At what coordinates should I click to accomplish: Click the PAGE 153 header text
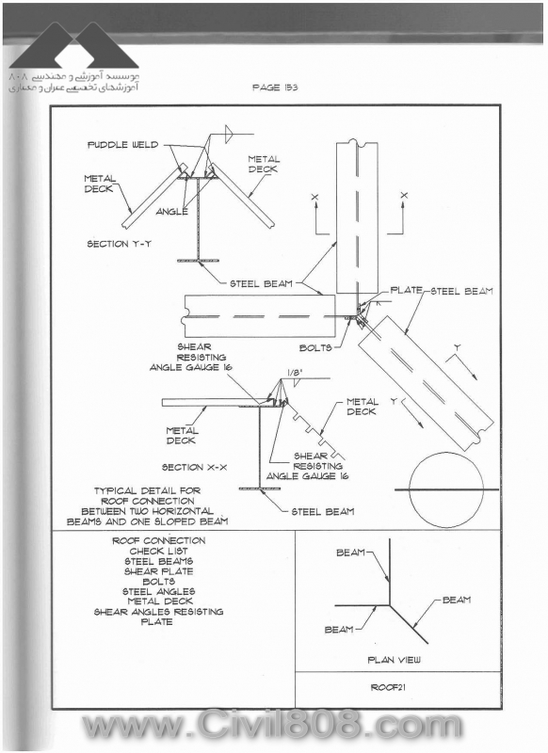(x=275, y=88)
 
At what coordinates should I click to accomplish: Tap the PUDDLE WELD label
(x=123, y=145)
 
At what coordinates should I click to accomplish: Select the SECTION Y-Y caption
(x=119, y=244)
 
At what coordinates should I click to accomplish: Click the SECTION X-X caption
(x=195, y=467)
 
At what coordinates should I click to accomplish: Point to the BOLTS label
(x=315, y=347)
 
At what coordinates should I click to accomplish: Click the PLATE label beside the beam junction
(x=407, y=290)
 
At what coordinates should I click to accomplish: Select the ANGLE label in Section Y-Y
(x=172, y=211)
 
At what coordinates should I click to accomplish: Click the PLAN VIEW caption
(x=394, y=660)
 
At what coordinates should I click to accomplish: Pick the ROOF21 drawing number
(x=388, y=687)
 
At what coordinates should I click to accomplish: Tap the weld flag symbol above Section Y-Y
(x=230, y=134)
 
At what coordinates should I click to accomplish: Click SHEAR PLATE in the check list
(x=158, y=571)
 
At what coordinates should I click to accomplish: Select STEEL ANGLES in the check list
(x=159, y=592)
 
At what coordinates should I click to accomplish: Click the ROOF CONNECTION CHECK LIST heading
(x=159, y=546)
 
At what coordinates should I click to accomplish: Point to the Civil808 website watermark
(x=272, y=725)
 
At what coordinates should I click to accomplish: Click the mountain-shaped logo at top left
(x=74, y=45)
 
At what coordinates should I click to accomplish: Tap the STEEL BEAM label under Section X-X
(x=323, y=512)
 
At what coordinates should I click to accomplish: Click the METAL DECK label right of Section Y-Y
(x=264, y=164)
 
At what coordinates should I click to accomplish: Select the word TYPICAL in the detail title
(x=115, y=490)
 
